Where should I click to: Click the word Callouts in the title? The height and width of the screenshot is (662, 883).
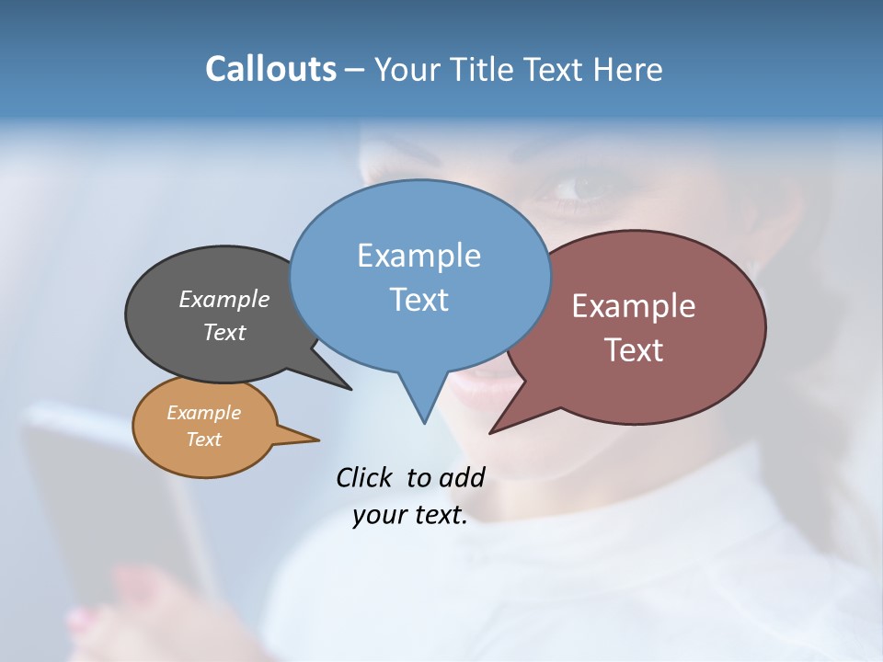(270, 69)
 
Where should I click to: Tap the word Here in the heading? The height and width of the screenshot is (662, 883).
(629, 70)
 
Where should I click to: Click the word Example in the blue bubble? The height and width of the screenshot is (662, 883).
(419, 256)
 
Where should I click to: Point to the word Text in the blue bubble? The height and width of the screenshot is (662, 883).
(419, 300)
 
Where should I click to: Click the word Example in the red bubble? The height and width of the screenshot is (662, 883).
(634, 306)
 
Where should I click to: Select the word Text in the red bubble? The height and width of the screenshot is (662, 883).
(634, 350)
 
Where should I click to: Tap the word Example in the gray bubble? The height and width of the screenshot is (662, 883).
(224, 300)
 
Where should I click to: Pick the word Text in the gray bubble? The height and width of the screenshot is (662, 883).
(224, 332)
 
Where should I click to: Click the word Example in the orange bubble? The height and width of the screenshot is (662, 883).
(203, 413)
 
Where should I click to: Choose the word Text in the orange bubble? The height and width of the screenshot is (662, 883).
(203, 439)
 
